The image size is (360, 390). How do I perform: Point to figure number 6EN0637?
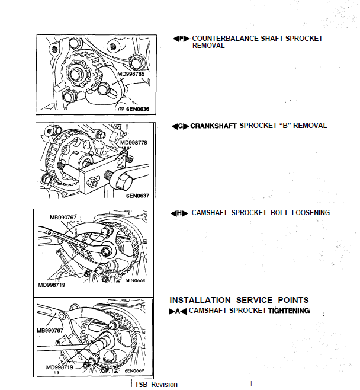click(138, 195)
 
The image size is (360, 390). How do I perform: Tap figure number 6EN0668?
click(135, 280)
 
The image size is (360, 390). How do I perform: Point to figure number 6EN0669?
click(134, 372)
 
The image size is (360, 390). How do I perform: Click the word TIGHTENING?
click(289, 311)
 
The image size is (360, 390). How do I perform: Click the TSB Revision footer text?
click(156, 385)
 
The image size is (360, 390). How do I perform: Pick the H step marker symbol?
click(179, 213)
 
